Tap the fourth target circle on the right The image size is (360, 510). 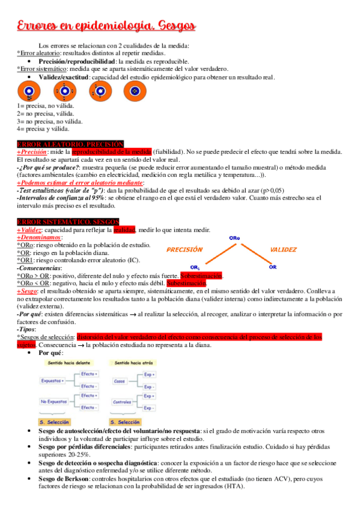(x=135, y=91)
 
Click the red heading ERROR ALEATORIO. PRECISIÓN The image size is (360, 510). (x=70, y=145)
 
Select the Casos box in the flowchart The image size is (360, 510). (x=119, y=381)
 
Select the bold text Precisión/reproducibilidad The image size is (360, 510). (x=77, y=61)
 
